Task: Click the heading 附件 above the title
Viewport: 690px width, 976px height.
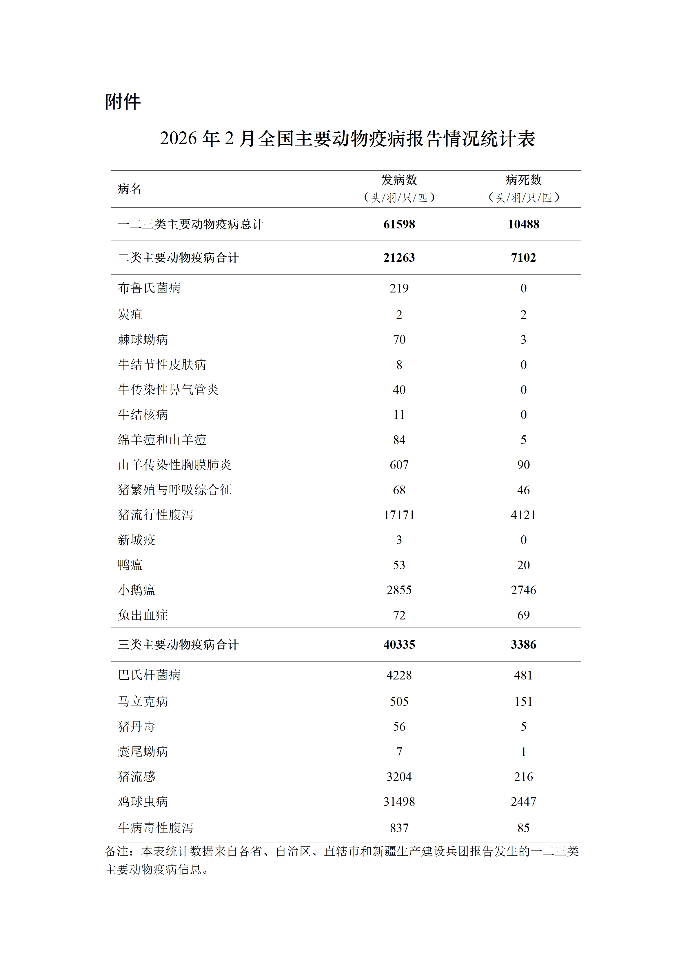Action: pos(123,102)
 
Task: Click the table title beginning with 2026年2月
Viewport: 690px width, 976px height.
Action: pos(347,139)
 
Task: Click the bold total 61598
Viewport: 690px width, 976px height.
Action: pos(399,224)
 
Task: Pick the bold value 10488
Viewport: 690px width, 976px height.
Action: pos(523,224)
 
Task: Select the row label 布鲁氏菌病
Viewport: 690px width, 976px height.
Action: pos(149,288)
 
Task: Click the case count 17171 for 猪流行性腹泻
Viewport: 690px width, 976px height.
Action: pos(399,515)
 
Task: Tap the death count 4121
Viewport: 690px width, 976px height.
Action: pos(523,515)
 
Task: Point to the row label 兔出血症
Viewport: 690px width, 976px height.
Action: pos(143,615)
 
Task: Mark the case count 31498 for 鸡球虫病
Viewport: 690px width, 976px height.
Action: pos(399,802)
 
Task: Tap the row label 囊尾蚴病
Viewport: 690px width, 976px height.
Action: pos(143,752)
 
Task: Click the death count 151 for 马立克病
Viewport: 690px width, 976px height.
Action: pos(523,702)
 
